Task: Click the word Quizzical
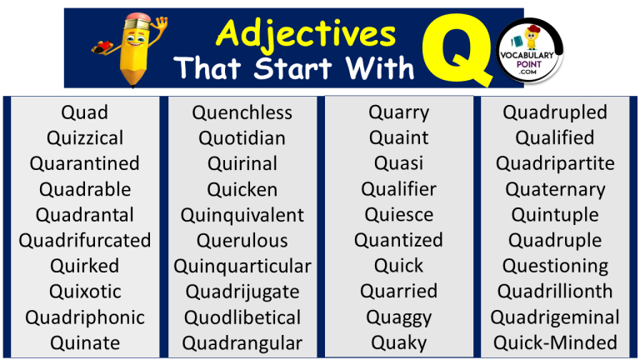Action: (85, 137)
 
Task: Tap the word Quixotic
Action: (85, 292)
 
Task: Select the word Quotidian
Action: (242, 137)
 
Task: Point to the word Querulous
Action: (242, 241)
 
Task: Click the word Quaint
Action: (398, 137)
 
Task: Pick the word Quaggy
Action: (398, 317)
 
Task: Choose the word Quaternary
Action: (555, 189)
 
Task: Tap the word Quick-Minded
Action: (555, 342)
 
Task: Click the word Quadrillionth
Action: (555, 292)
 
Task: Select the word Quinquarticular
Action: (242, 267)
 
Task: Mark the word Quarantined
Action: (85, 163)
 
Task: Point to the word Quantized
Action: (398, 241)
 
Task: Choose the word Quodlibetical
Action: (242, 317)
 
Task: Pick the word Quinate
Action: (85, 342)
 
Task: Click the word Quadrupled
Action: (555, 112)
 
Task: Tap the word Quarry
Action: (398, 112)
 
